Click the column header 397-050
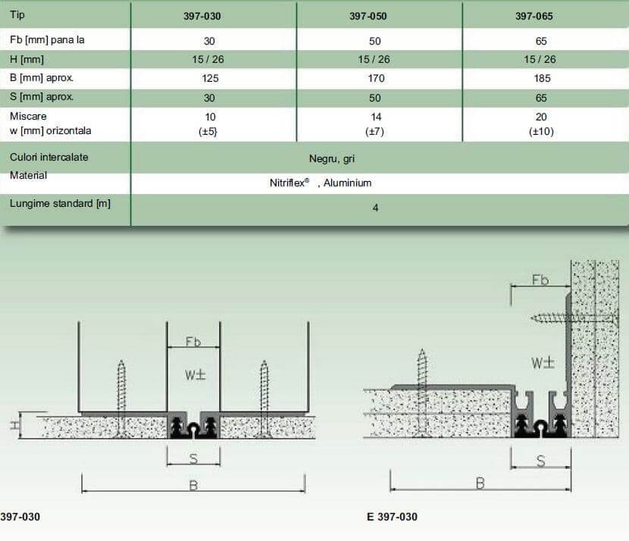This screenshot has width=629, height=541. [x=368, y=16]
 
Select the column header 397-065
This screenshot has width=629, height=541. [x=534, y=16]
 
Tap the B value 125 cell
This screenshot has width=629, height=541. [x=210, y=78]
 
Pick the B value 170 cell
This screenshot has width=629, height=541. [x=377, y=78]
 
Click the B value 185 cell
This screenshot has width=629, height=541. [x=542, y=78]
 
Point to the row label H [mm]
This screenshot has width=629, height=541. [x=27, y=59]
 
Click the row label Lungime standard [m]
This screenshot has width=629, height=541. [x=60, y=203]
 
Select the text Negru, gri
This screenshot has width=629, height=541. [x=332, y=159]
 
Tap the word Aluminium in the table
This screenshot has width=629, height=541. [x=347, y=183]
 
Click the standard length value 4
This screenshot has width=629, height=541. [x=375, y=208]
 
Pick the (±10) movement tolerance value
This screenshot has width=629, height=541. [x=541, y=132]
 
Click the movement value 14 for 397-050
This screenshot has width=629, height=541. [x=376, y=117]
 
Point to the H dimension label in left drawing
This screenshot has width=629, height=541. [x=15, y=426]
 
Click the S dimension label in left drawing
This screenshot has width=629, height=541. [x=193, y=458]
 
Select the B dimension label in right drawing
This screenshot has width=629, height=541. [x=480, y=483]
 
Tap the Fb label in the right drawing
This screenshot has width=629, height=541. [x=540, y=280]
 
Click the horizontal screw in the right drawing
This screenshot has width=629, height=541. [x=574, y=318]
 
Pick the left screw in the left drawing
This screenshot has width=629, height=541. [x=121, y=398]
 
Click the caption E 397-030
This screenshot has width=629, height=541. [x=392, y=517]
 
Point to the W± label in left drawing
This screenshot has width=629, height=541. [x=196, y=375]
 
